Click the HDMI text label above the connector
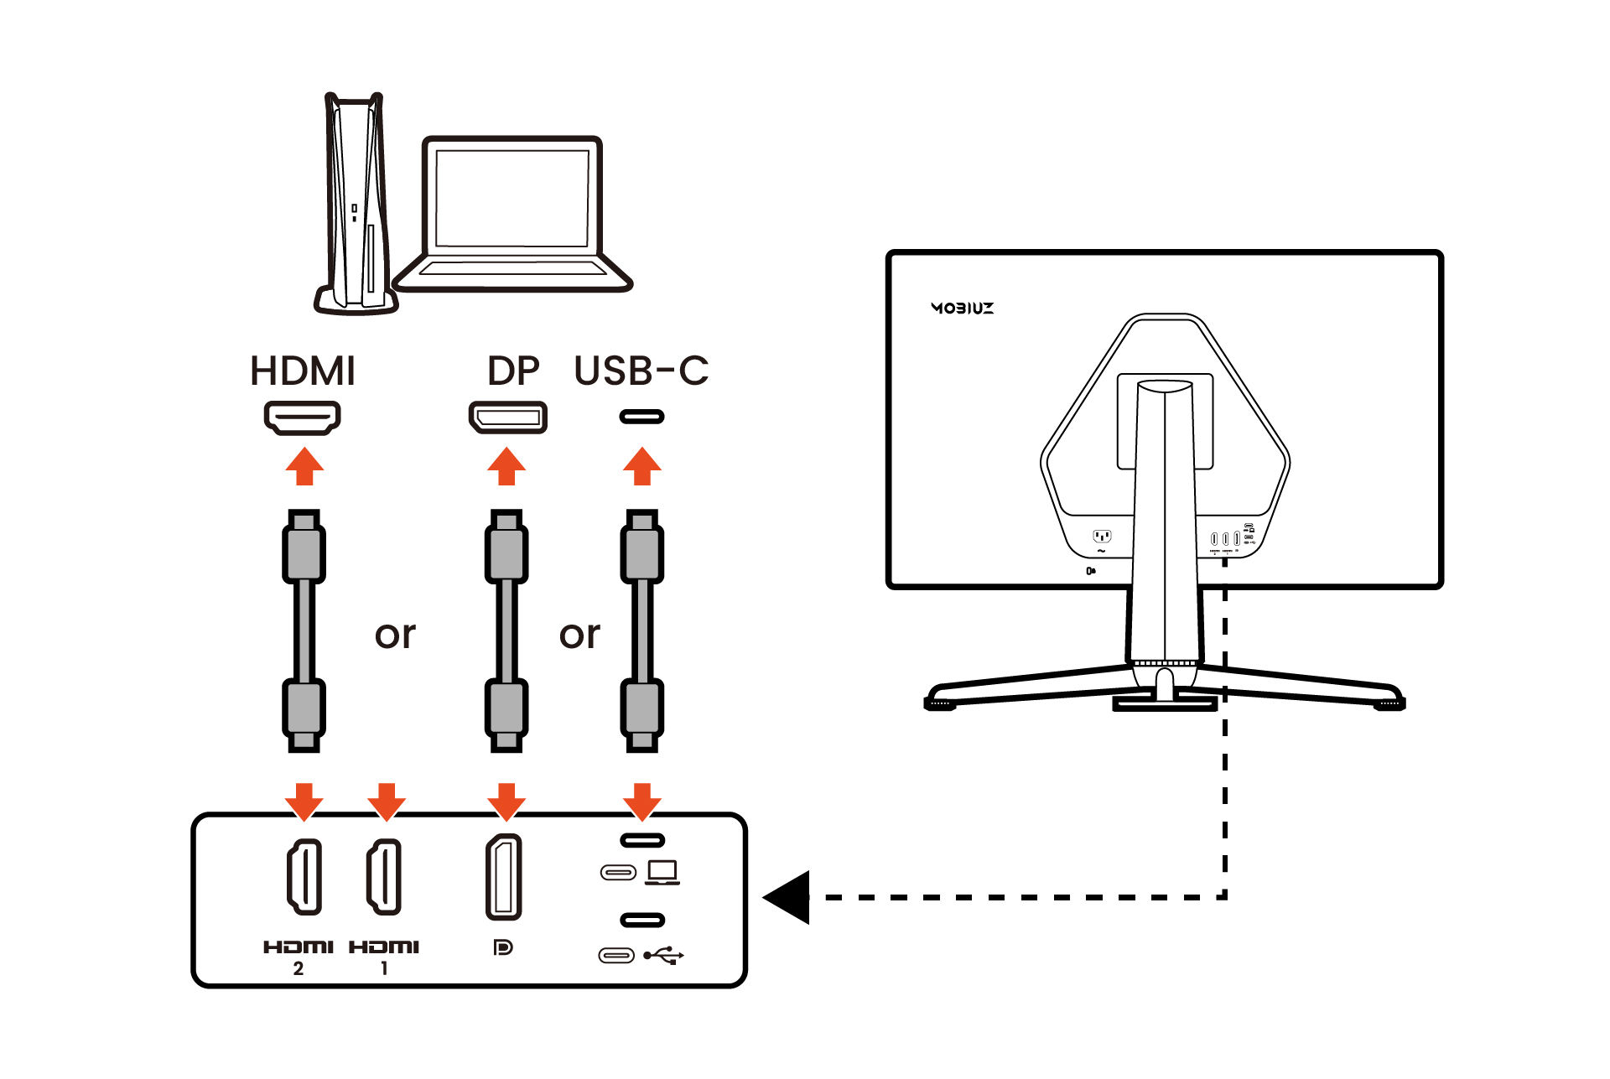[303, 371]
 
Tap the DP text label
[512, 371]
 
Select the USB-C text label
[641, 371]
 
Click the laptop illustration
[512, 215]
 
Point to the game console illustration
[356, 205]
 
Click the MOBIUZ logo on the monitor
[962, 308]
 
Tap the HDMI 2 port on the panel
[304, 876]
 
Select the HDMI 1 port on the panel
[384, 876]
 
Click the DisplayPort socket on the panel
[504, 877]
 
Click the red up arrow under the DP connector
[506, 466]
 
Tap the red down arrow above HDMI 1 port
[386, 801]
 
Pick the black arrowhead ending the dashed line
[787, 897]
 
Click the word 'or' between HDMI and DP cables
[395, 635]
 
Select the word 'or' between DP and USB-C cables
[579, 635]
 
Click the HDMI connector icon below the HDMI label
[303, 418]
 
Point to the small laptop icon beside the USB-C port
[662, 873]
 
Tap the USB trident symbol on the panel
[664, 955]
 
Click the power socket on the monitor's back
[1102, 536]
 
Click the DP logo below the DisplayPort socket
[503, 947]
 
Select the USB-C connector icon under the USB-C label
[641, 417]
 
